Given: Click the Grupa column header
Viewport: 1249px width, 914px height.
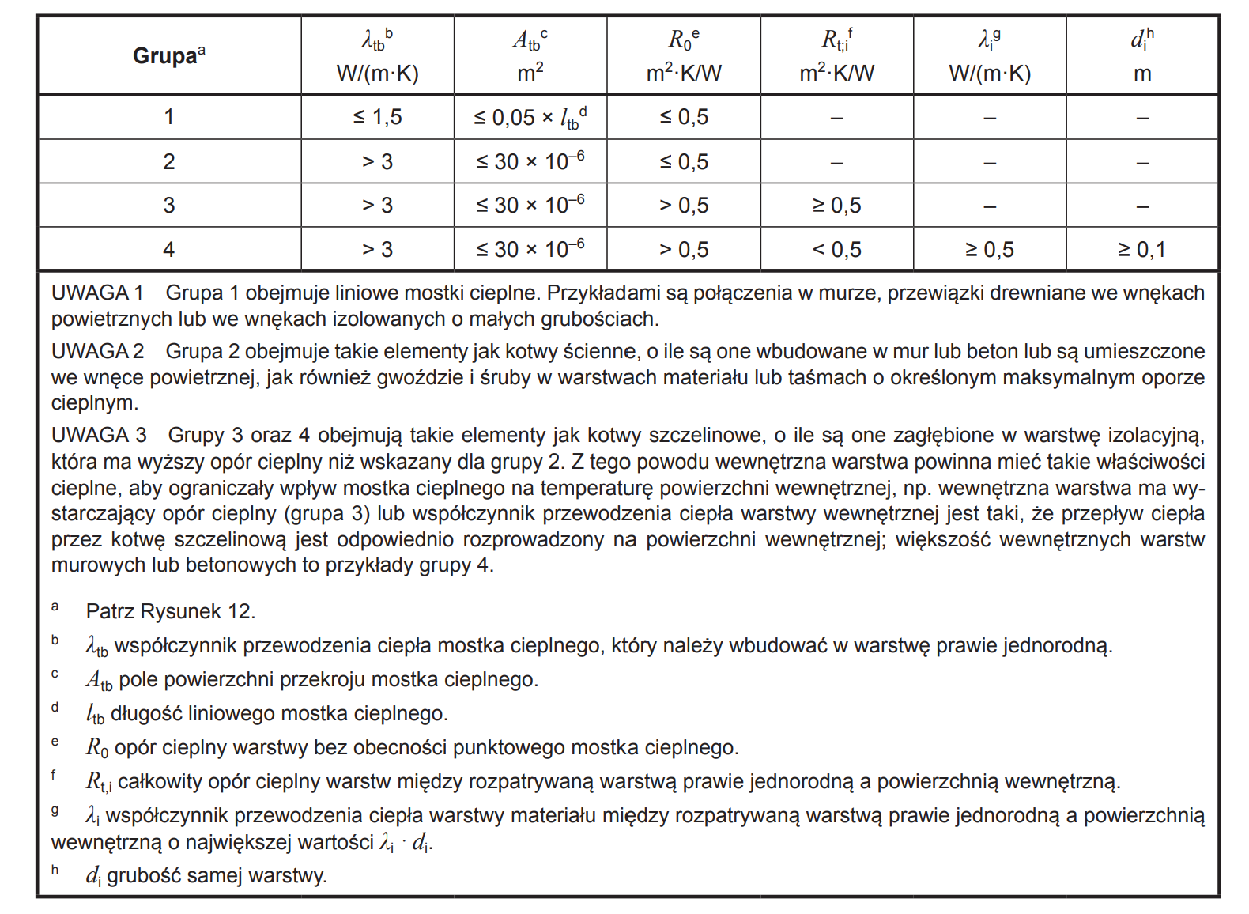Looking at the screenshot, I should click(x=168, y=55).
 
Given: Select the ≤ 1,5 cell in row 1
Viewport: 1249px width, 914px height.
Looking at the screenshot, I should click(x=377, y=117).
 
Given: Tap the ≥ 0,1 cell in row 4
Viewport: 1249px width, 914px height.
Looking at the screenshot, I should click(x=1141, y=250).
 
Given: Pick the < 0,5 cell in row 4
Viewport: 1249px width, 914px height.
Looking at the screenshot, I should click(x=836, y=250).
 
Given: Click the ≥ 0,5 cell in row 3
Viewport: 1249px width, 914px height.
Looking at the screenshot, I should click(x=836, y=206).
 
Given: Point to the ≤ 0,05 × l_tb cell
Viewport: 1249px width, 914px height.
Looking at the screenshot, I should click(x=530, y=118).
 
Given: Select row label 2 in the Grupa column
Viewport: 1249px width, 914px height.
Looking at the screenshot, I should click(x=168, y=162).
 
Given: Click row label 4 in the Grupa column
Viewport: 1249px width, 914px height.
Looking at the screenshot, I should click(x=168, y=250).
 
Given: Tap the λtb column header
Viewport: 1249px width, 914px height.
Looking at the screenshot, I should click(x=377, y=55).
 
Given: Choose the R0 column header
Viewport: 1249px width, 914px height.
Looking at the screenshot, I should click(x=684, y=55).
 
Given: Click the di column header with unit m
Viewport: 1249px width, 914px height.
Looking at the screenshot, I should click(x=1141, y=55).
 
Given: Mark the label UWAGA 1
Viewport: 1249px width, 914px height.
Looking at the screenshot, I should click(x=97, y=293).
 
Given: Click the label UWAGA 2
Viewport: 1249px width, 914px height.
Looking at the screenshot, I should click(x=97, y=352).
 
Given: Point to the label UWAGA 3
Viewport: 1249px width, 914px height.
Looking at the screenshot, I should click(x=99, y=436).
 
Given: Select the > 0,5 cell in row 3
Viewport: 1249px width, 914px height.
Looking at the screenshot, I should click(x=684, y=206).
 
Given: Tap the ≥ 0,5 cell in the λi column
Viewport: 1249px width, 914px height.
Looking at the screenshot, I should click(x=989, y=250).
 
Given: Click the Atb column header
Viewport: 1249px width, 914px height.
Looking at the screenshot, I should click(x=530, y=55).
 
